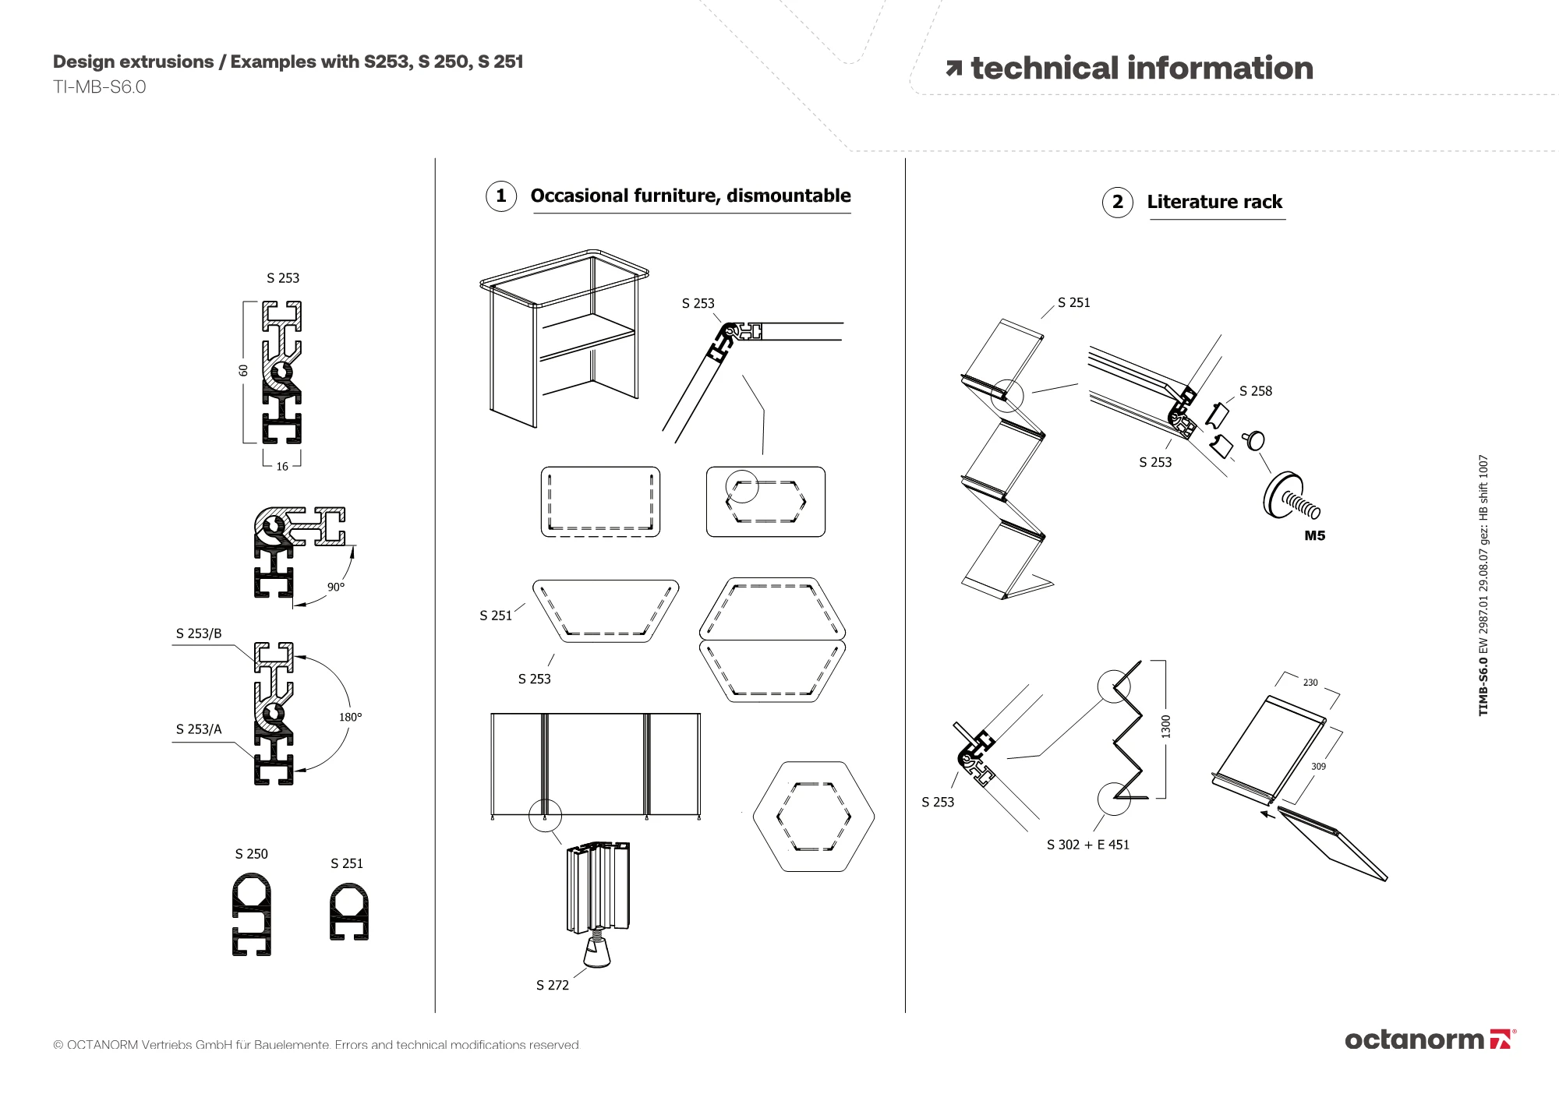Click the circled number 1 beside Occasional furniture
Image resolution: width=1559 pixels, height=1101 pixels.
[x=501, y=196]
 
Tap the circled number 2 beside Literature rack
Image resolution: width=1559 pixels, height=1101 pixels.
[x=1118, y=203]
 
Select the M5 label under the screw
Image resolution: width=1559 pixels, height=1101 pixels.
[x=1314, y=536]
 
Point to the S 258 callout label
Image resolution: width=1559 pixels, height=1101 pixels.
[x=1255, y=391]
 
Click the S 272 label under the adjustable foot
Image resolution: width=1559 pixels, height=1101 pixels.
[x=553, y=986]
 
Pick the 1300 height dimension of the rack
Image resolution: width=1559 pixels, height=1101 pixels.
[x=1166, y=726]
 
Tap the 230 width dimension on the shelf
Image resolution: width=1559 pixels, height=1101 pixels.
[x=1310, y=683]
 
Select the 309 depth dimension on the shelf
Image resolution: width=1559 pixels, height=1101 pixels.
[x=1318, y=767]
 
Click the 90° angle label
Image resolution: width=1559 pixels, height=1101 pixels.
[x=336, y=587]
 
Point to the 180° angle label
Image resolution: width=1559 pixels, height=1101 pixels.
[x=350, y=717]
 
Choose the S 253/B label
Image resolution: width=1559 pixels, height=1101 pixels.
[x=199, y=633]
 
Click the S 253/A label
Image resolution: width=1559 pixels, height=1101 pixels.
[x=199, y=729]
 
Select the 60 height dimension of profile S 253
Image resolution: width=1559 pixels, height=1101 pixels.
[x=243, y=370]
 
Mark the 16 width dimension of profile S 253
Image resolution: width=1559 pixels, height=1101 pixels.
[x=282, y=467]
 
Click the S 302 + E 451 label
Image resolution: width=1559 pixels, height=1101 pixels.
[x=1087, y=845]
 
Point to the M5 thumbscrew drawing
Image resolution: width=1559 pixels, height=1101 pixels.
[x=1290, y=497]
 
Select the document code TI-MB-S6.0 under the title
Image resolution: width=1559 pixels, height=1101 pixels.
[x=100, y=87]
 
